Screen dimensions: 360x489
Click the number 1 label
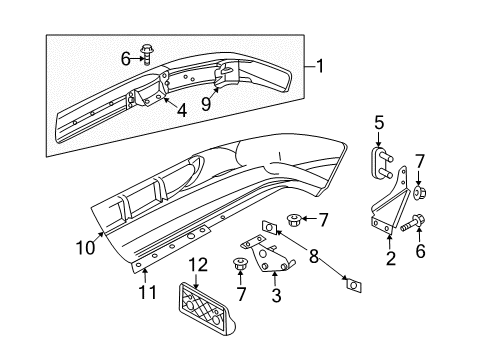(x=320, y=66)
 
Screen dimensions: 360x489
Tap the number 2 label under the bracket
(x=390, y=259)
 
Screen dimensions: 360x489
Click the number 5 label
(x=379, y=124)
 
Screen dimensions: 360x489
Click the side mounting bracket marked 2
(x=392, y=216)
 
